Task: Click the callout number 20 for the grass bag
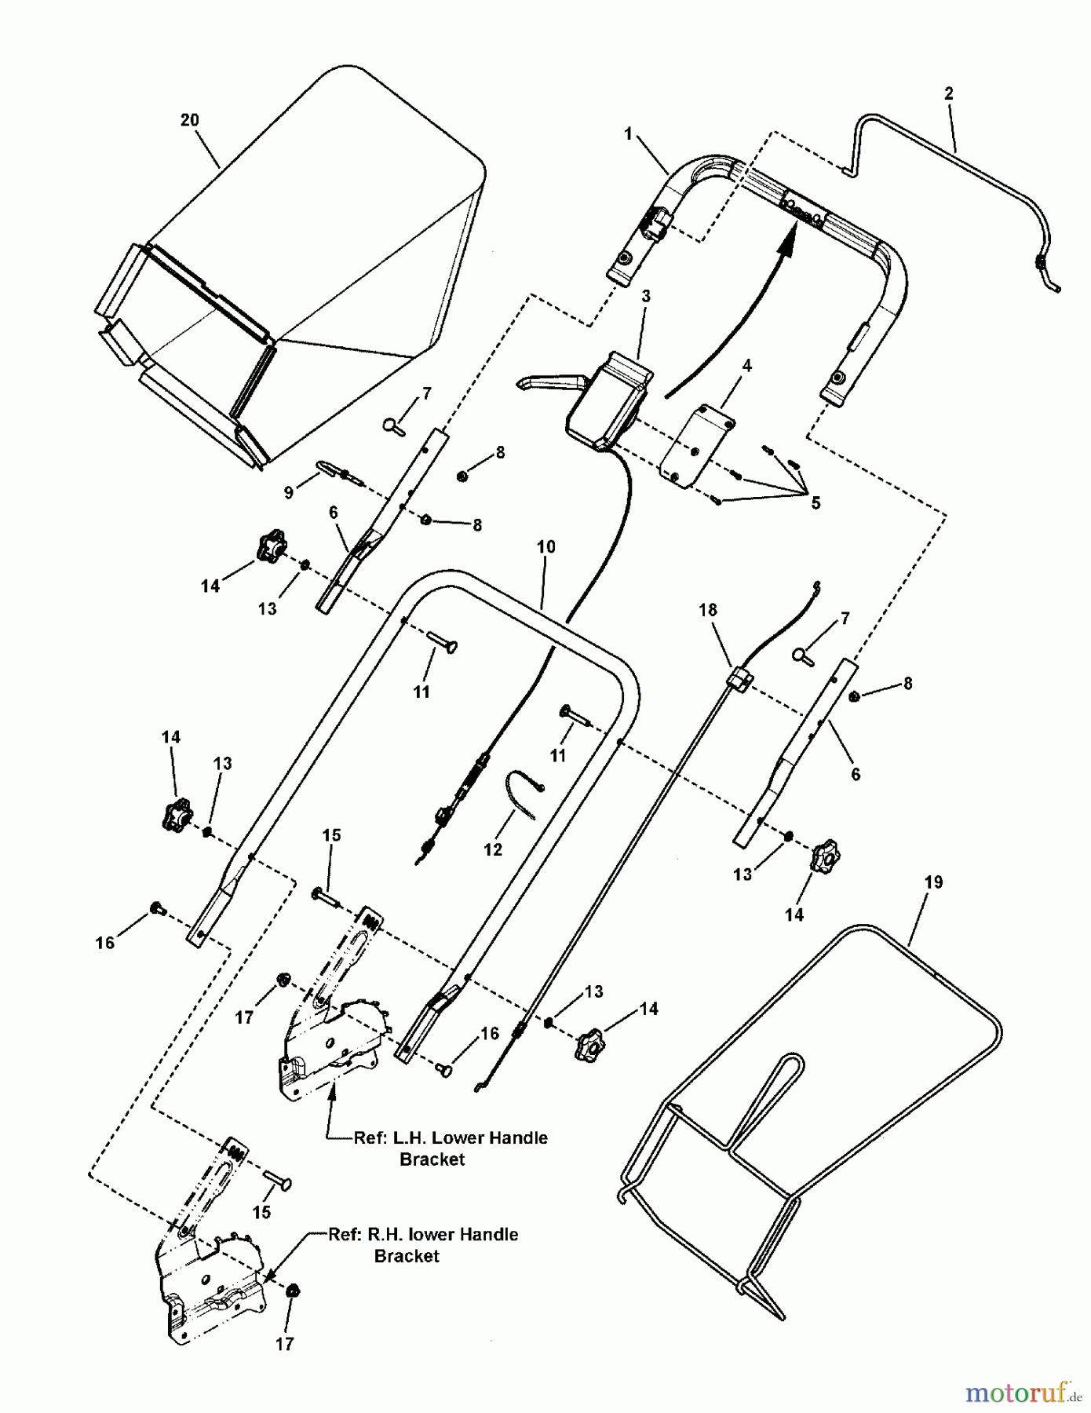189,120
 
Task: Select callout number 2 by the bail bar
948,93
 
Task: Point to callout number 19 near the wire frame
933,882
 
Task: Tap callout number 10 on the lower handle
546,546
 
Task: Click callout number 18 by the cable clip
708,610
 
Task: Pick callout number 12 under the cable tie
493,849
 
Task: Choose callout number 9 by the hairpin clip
289,492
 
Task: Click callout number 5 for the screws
816,503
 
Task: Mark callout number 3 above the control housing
646,296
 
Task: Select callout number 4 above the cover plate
747,365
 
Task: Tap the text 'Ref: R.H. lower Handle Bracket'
423,1244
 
